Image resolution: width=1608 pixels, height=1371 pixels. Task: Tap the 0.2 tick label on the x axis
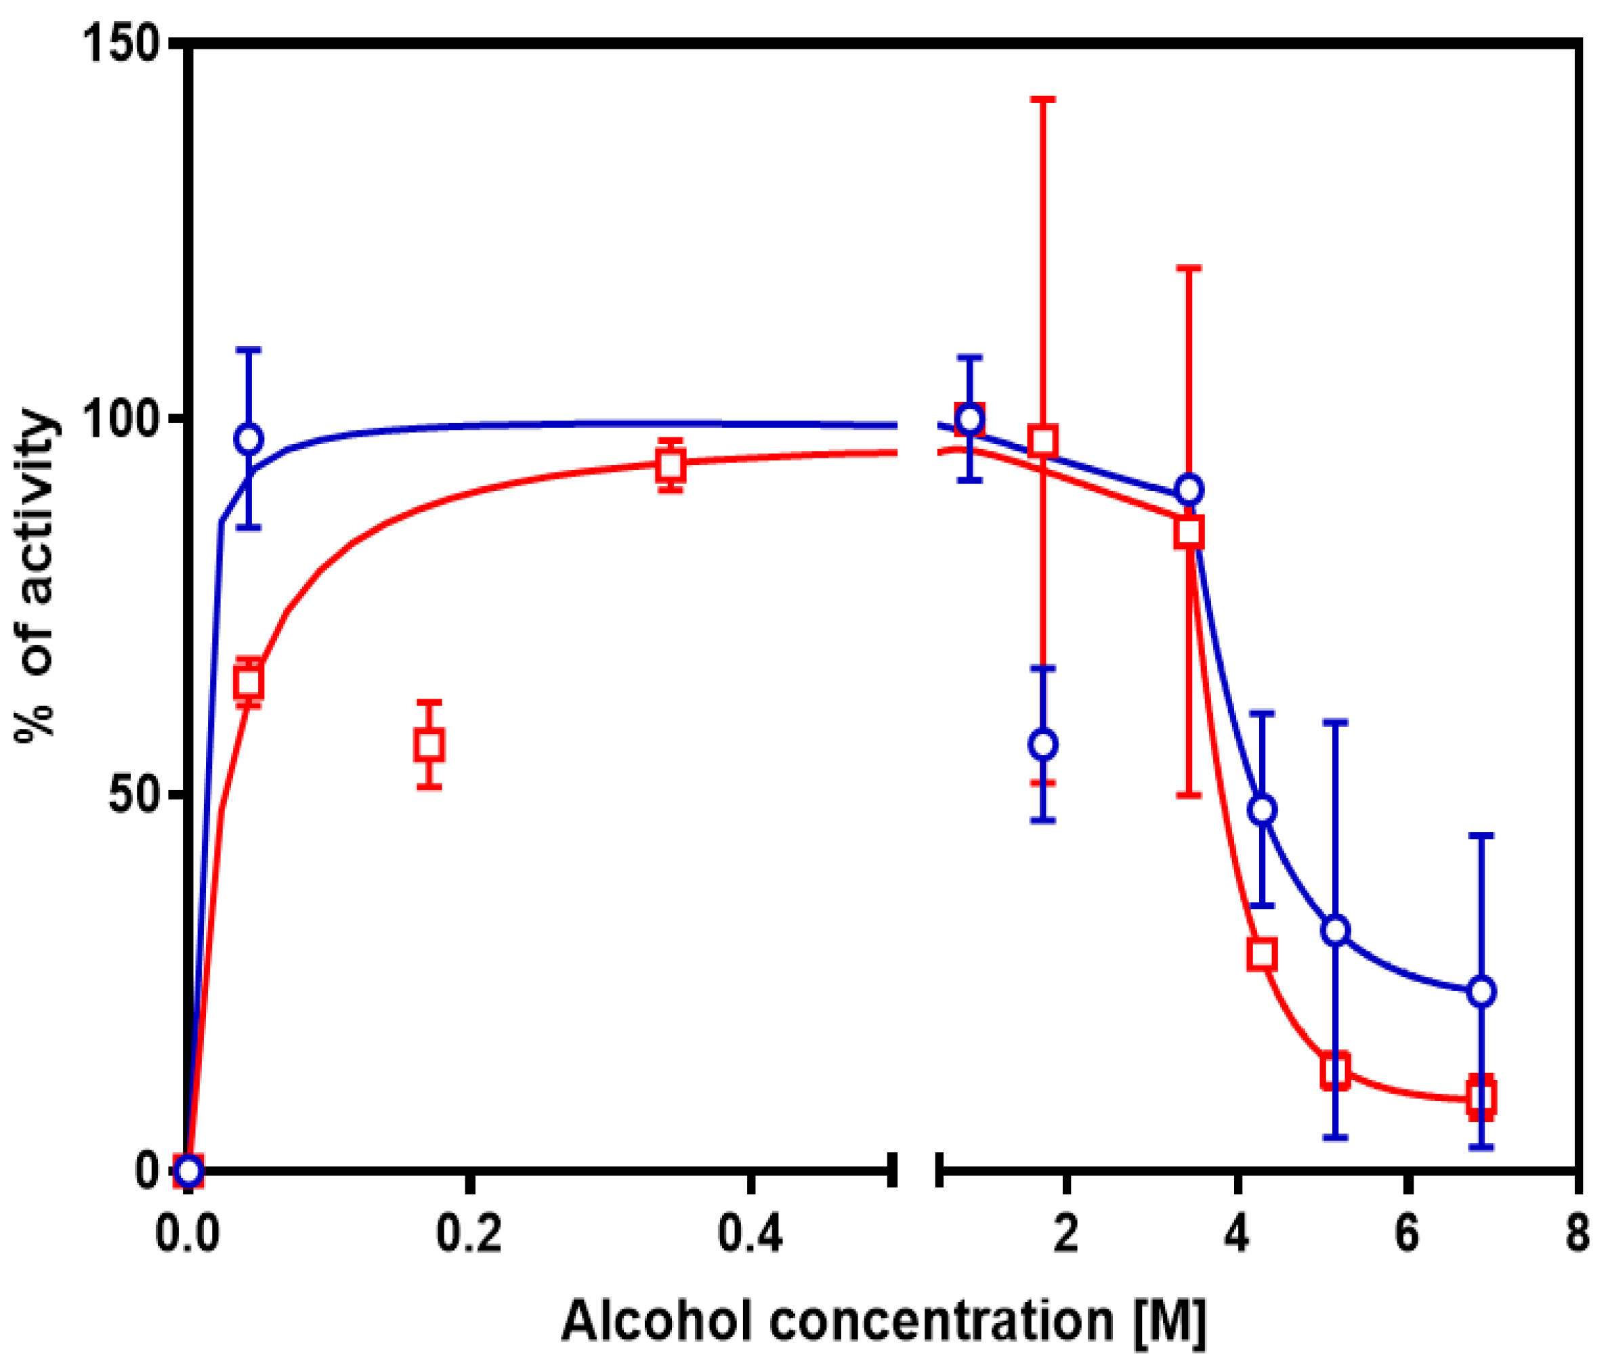tap(469, 1234)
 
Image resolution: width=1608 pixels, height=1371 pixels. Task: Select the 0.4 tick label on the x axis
tap(750, 1234)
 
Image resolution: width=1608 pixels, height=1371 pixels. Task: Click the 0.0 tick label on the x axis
tap(187, 1234)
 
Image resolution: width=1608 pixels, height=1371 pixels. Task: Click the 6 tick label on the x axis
tap(1406, 1234)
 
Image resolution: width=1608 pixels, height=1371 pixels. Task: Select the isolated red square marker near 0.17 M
tap(429, 745)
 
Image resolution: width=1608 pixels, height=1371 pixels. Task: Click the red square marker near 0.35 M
tap(670, 466)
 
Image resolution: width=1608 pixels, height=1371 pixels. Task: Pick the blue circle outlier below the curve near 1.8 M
tap(1044, 745)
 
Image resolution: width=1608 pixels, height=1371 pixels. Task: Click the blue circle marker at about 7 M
tap(1481, 992)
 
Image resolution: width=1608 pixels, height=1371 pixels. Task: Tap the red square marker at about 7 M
tap(1481, 1098)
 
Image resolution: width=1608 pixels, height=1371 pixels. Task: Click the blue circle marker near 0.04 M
tap(249, 439)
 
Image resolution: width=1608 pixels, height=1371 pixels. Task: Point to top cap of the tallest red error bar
tap(1044, 100)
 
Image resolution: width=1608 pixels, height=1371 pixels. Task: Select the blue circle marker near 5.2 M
tap(1336, 930)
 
